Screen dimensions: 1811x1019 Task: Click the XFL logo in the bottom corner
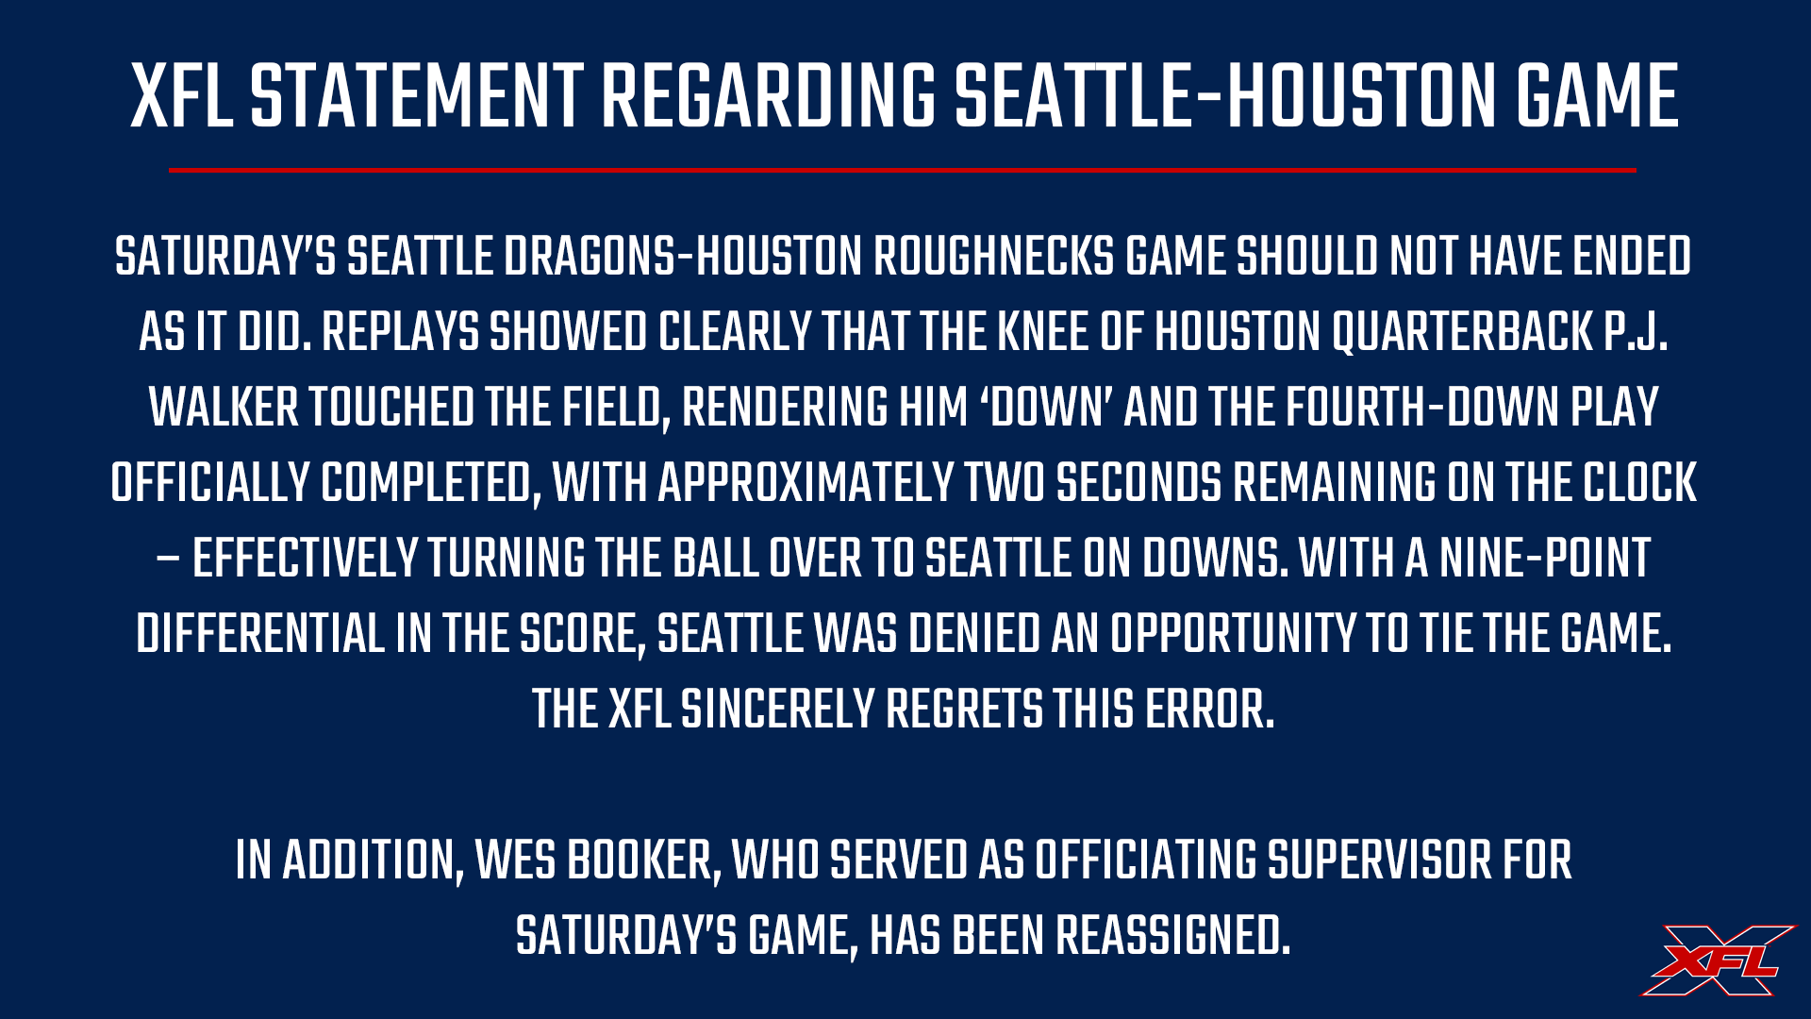[x=1719, y=960]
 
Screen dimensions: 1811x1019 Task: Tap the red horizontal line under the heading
[x=903, y=170]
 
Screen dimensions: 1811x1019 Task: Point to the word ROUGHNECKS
[x=994, y=257]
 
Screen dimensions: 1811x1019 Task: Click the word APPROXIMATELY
[x=806, y=483]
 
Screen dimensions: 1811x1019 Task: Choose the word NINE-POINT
[x=1545, y=559]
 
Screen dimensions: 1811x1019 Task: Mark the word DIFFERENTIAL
[x=260, y=634]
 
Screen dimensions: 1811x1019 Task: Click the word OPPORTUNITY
[x=1233, y=634]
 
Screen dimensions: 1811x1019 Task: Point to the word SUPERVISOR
[x=1375, y=860]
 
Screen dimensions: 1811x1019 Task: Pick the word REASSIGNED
[x=1172, y=936]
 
